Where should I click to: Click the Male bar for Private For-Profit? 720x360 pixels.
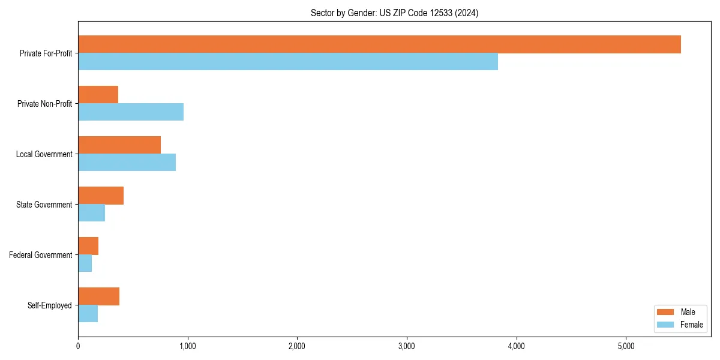[379, 44]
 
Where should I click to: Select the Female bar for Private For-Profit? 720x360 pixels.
[288, 62]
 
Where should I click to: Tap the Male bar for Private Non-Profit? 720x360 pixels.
[98, 95]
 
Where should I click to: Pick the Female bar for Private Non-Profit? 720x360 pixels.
[131, 112]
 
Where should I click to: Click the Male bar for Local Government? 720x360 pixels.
[119, 145]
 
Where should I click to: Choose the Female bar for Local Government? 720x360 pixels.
[127, 163]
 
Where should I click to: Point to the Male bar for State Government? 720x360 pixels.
[101, 196]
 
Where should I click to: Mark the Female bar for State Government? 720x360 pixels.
[91, 213]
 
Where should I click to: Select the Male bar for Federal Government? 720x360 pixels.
[88, 246]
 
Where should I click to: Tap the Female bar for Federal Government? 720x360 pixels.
[85, 263]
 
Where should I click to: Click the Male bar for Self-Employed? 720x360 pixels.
[98, 296]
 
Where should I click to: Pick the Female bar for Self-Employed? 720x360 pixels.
[88, 314]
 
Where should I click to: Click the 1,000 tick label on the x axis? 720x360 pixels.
[187, 346]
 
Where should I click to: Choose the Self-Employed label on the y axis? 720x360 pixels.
[49, 305]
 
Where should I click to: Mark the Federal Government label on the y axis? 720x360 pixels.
[40, 255]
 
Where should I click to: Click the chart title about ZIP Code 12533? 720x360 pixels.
[394, 13]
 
